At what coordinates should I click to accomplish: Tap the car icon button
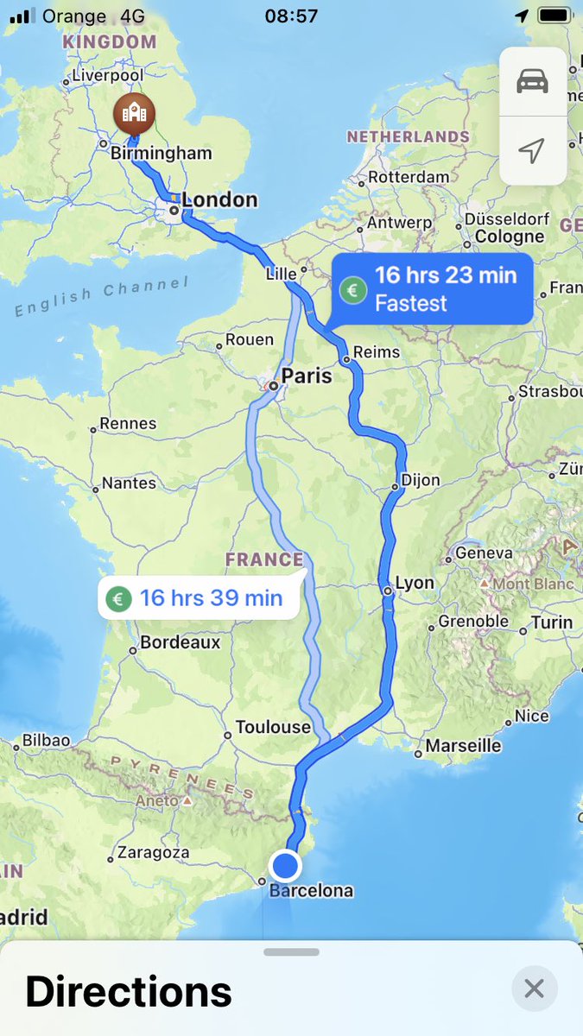click(532, 81)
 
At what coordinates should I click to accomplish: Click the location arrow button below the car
click(532, 150)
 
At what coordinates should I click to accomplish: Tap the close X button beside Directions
click(534, 989)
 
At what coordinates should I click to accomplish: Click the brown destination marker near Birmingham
click(134, 113)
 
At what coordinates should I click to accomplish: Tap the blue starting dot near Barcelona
click(285, 865)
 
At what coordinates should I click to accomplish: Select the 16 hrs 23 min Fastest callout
click(434, 289)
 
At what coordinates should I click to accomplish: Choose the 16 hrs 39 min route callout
click(200, 597)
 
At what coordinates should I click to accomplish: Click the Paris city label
click(307, 376)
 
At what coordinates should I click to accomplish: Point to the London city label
click(219, 200)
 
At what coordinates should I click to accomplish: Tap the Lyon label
click(415, 583)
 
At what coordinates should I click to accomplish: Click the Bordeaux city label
click(180, 642)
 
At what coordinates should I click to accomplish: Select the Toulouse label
click(273, 727)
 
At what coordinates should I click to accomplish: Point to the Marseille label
click(464, 745)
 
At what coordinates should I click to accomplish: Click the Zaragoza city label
click(153, 852)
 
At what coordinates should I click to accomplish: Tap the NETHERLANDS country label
click(408, 136)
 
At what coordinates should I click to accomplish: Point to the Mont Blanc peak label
click(533, 584)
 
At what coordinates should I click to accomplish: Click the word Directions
click(129, 991)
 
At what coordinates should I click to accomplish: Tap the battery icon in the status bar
click(554, 16)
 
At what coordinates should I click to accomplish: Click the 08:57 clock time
click(290, 16)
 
